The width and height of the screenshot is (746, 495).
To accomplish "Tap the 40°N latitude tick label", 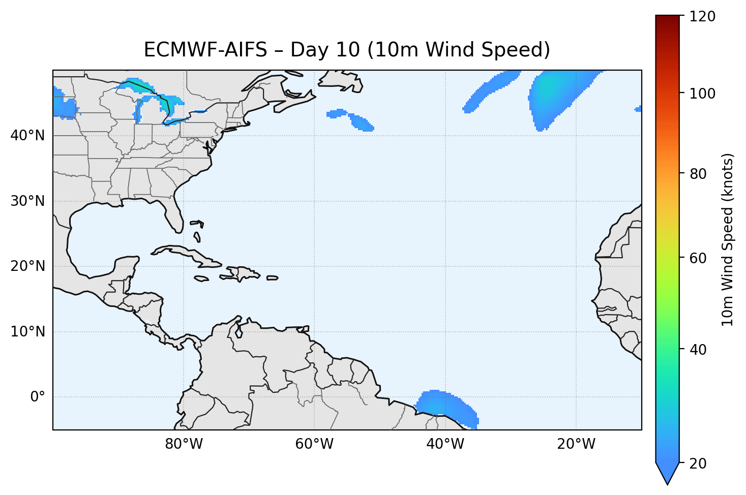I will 27,136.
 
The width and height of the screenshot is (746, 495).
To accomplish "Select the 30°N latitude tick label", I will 27,201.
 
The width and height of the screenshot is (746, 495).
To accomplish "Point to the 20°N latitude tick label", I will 27,266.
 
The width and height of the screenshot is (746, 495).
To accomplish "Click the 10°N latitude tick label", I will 27,332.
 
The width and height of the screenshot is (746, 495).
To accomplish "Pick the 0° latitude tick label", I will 37,397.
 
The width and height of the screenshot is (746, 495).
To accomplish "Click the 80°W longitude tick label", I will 184,444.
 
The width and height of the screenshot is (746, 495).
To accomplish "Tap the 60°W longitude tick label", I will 314,444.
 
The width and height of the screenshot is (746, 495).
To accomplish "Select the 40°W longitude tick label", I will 445,444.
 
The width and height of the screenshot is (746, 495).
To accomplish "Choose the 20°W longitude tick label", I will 576,444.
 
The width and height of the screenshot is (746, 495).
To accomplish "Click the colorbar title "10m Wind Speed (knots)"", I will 728,240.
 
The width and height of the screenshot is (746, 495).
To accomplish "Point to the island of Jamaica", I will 201,279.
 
